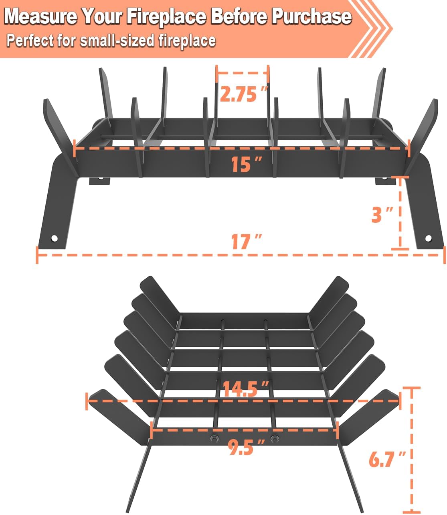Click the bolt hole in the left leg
point(54,238)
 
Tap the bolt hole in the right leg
point(428,238)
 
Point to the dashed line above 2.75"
point(242,73)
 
